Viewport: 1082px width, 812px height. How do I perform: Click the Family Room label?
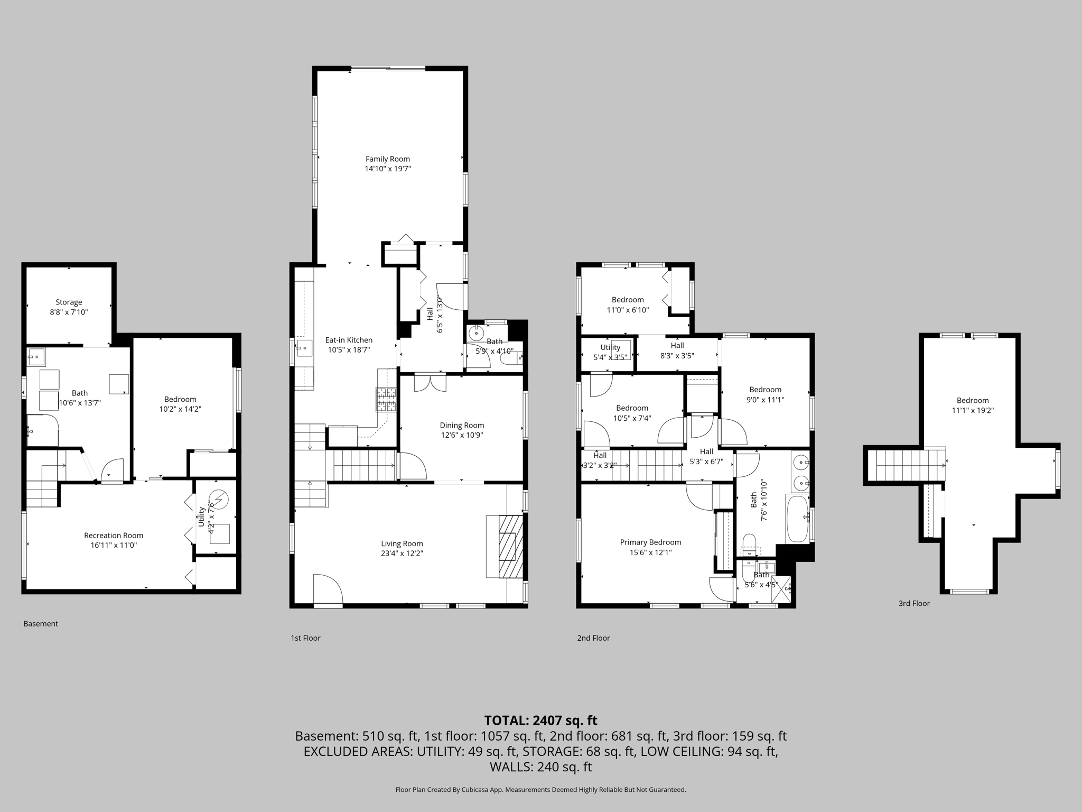(387, 159)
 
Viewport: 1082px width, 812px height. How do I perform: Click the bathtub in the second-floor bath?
(797, 519)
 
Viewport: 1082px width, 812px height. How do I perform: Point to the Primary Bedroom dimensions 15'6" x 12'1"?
(650, 552)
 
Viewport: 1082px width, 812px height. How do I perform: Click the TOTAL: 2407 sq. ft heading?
(540, 721)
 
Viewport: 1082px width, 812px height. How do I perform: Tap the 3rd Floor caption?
(913, 603)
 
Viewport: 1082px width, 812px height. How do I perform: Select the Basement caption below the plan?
(41, 624)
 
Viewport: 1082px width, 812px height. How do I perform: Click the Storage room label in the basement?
(69, 302)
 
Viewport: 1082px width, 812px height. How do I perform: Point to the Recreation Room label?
(114, 536)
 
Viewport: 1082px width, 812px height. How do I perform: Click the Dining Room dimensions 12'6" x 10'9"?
(462, 435)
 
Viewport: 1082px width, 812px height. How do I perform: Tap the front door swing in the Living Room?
(328, 588)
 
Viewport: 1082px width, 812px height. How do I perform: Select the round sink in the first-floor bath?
(476, 333)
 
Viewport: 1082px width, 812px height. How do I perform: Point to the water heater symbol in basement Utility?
(219, 498)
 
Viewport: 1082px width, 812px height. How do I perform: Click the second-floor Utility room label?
(610, 347)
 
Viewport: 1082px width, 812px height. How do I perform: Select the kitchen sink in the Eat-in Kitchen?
(304, 347)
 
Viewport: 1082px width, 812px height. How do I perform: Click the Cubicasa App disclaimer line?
(540, 790)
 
